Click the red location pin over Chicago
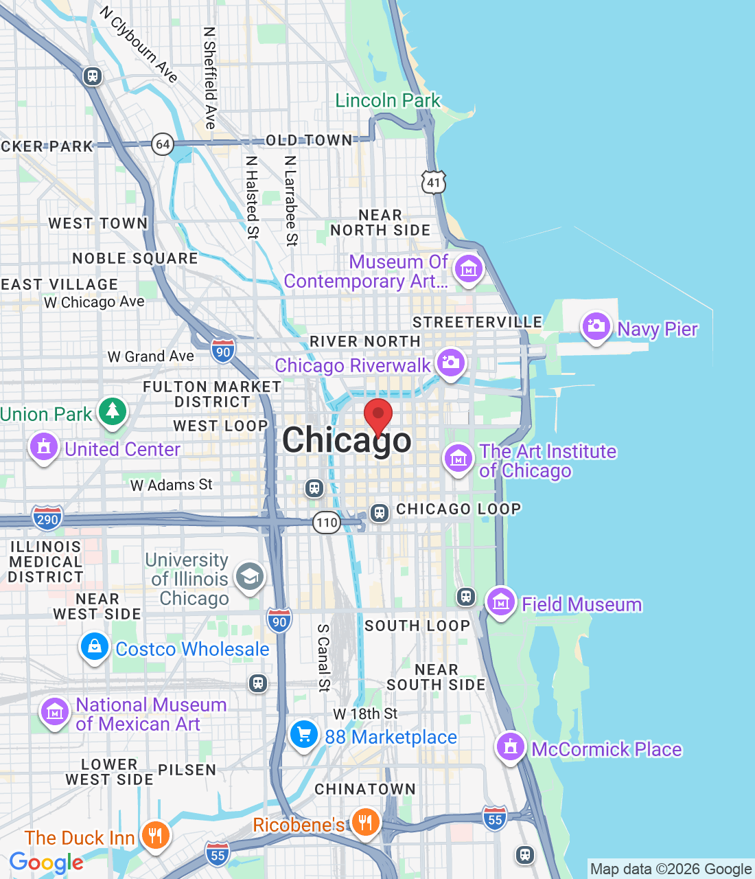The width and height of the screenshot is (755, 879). coord(377,415)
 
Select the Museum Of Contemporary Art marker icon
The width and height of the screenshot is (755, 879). coord(469,269)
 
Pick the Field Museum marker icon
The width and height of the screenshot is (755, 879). coord(500,603)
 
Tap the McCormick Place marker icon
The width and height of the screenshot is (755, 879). coord(510,746)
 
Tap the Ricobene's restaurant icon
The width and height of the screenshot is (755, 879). coord(365,822)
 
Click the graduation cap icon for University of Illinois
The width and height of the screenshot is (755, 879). coord(250,577)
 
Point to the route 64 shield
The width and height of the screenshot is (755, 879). coord(163,144)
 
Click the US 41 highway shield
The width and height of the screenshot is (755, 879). coord(434,183)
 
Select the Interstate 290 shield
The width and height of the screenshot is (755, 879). coord(47,518)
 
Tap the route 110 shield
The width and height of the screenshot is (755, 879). coord(327,523)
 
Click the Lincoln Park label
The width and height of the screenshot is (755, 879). coord(387,101)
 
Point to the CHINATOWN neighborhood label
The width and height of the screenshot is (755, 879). coord(365,789)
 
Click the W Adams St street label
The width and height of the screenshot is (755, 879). coord(172,485)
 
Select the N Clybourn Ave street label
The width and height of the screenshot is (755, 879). coord(139,44)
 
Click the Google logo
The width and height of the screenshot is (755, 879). coord(47,863)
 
